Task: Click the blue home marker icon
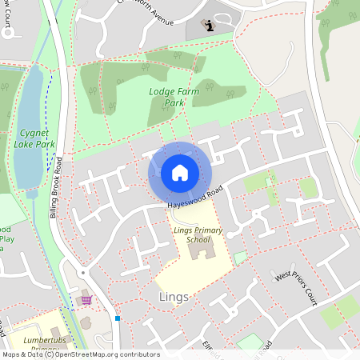(x=180, y=173)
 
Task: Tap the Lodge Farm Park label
(x=173, y=98)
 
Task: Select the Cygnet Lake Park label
(x=34, y=138)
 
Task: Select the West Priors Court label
(x=297, y=287)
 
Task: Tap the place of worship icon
(x=209, y=26)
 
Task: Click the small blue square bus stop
(x=118, y=318)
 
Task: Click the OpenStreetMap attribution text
(x=80, y=354)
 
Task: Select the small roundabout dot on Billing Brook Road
(x=82, y=274)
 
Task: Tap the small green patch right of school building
(x=240, y=257)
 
